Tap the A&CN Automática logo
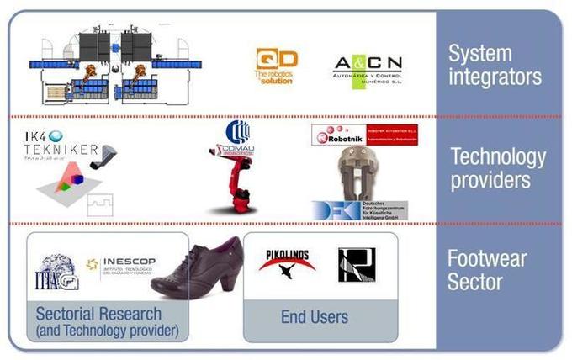pos(368,71)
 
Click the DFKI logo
pos(360,210)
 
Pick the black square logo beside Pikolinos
pos(356,264)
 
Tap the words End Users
pos(314,317)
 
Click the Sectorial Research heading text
pos(98,314)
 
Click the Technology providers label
pos(498,167)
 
